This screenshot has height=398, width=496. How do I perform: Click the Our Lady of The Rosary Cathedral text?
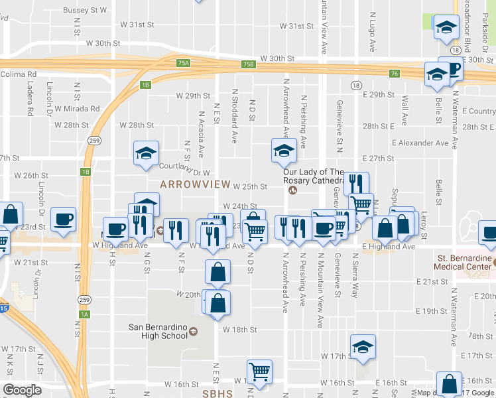coord(314,176)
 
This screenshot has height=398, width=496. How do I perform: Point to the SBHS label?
coord(218,392)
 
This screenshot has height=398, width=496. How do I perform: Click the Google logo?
coord(23,390)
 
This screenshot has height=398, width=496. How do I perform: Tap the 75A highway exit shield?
coord(184,64)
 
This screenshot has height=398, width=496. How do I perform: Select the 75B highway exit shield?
coord(248,64)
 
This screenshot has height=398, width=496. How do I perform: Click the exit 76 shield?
coord(395,73)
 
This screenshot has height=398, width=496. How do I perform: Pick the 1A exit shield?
coord(84,315)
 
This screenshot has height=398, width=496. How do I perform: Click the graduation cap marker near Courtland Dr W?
coord(146,155)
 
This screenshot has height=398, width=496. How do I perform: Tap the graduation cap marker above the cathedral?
coord(284,151)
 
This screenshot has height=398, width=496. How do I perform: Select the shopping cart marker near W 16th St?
coord(259,371)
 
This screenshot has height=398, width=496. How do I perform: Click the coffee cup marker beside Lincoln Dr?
coord(64,220)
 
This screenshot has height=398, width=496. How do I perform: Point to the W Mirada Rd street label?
coord(77,109)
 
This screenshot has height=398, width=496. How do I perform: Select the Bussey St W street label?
coord(85,11)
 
